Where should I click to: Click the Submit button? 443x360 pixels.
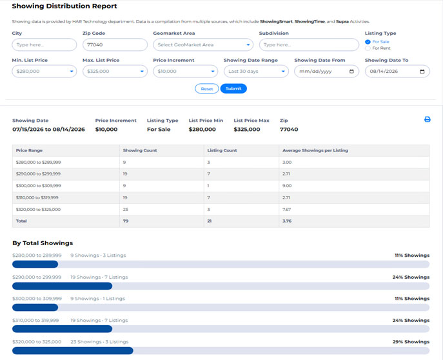click(233, 88)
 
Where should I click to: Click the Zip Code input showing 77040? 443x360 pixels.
click(115, 45)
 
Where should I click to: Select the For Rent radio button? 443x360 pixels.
click(368, 48)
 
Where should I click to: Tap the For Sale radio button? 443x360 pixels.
click(368, 42)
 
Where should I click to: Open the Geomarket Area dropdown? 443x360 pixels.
click(203, 45)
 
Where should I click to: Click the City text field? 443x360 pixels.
click(44, 45)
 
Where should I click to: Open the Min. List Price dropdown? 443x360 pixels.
click(44, 71)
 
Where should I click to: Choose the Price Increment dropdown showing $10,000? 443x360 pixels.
click(185, 71)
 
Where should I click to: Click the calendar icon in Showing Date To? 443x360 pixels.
click(422, 72)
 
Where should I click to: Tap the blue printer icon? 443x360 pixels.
click(427, 119)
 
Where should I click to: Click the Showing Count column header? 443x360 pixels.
click(140, 150)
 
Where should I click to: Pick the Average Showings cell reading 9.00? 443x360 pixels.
click(287, 186)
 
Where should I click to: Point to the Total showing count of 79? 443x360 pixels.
click(126, 221)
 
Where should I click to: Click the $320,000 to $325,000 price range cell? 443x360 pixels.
click(38, 210)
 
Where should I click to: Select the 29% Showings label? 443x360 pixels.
click(411, 342)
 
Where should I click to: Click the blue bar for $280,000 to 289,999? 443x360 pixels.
click(35, 265)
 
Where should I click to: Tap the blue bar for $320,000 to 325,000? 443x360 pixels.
click(73, 351)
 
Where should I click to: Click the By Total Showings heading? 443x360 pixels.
click(43, 243)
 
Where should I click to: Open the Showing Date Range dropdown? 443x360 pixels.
click(256, 71)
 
